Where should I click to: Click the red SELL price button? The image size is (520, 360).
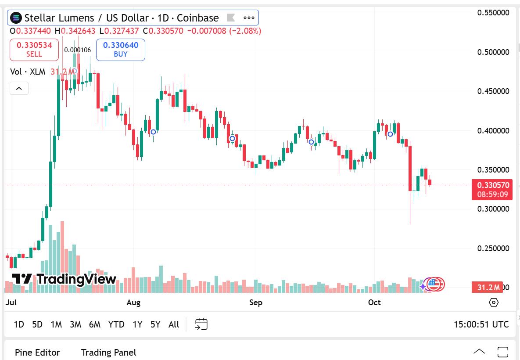tap(34, 49)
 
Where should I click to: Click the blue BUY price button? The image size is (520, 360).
tap(121, 49)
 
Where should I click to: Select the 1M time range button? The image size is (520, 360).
tap(56, 324)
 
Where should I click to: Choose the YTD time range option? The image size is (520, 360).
tap(116, 324)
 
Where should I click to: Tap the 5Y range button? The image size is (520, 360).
tap(155, 324)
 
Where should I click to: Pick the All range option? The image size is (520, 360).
tap(174, 324)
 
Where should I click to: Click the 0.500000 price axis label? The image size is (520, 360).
tap(493, 52)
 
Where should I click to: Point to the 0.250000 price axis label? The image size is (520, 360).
tap(493, 248)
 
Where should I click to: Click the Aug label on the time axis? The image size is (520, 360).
tap(133, 302)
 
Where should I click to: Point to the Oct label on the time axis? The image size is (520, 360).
tap(374, 302)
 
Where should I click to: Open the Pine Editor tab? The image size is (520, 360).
tap(37, 352)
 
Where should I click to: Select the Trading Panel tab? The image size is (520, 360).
tap(108, 352)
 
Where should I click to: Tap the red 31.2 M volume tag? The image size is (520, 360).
tap(488, 288)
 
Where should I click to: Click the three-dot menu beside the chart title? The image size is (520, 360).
tap(249, 18)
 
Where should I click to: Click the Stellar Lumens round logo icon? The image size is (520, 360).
tap(16, 18)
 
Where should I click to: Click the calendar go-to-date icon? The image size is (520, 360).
tap(201, 324)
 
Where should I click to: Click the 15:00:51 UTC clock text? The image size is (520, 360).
tap(481, 324)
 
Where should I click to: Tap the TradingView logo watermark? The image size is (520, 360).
tap(64, 279)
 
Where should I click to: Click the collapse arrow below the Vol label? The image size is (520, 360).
tap(19, 89)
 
